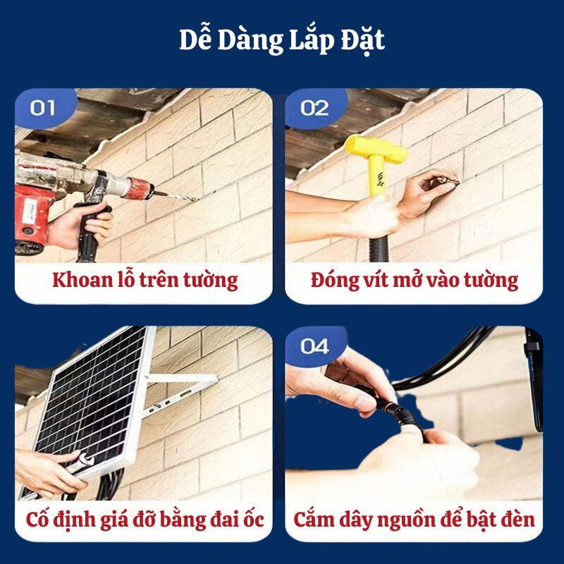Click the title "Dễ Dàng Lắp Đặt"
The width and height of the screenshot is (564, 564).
point(281,41)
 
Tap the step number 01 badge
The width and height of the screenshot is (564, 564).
point(44,108)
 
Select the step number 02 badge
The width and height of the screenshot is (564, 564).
point(314,108)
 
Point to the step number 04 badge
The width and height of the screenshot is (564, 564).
point(314,345)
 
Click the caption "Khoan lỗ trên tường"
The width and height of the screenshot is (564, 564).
point(145,280)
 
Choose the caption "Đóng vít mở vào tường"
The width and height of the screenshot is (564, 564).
point(414,280)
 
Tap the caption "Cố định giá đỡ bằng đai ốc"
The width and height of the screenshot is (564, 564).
point(145,520)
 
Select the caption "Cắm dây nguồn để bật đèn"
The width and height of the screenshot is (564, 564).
point(414,520)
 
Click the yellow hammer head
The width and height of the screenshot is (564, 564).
point(375,150)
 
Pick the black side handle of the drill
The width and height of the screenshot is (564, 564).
point(90,233)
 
